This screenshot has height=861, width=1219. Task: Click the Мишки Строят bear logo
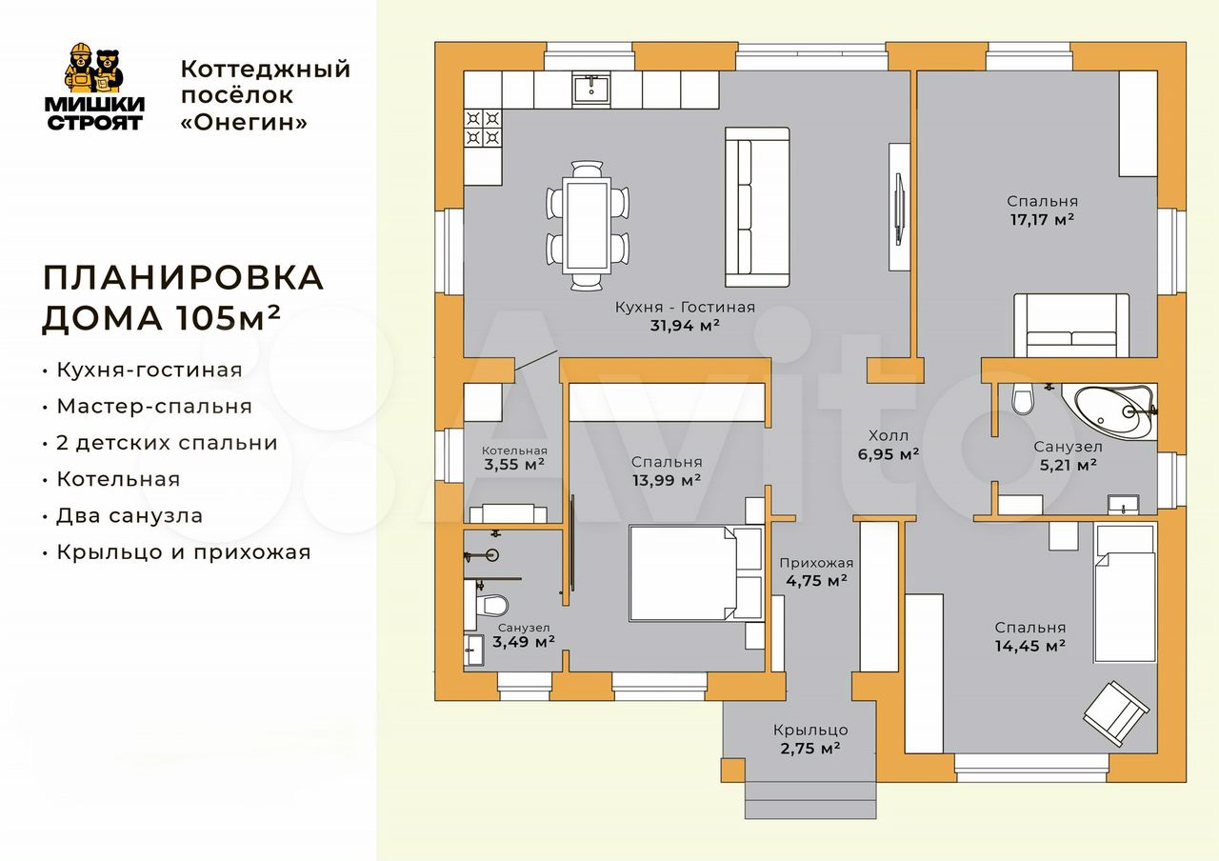tap(94, 87)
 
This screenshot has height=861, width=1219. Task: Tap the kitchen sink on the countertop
tap(591, 89)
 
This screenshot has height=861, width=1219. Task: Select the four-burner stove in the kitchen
tap(483, 128)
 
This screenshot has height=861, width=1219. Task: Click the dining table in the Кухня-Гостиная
tap(588, 226)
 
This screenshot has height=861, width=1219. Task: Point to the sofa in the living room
tap(757, 207)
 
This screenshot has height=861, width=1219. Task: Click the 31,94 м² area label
tap(685, 326)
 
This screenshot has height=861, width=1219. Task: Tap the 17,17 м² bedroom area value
tap(1042, 219)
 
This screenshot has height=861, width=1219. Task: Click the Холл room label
tap(889, 435)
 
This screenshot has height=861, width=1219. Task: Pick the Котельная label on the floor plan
tap(514, 451)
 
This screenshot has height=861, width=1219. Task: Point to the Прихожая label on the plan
tap(816, 563)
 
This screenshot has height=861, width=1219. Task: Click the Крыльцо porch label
tap(810, 730)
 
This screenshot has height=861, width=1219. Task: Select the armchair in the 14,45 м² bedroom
tap(1116, 713)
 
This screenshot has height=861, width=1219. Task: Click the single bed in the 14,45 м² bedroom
tap(1125, 593)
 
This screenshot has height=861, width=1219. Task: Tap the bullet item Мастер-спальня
tap(154, 407)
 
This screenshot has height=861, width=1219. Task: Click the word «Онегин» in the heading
tap(244, 123)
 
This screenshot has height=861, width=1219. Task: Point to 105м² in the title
tap(228, 317)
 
